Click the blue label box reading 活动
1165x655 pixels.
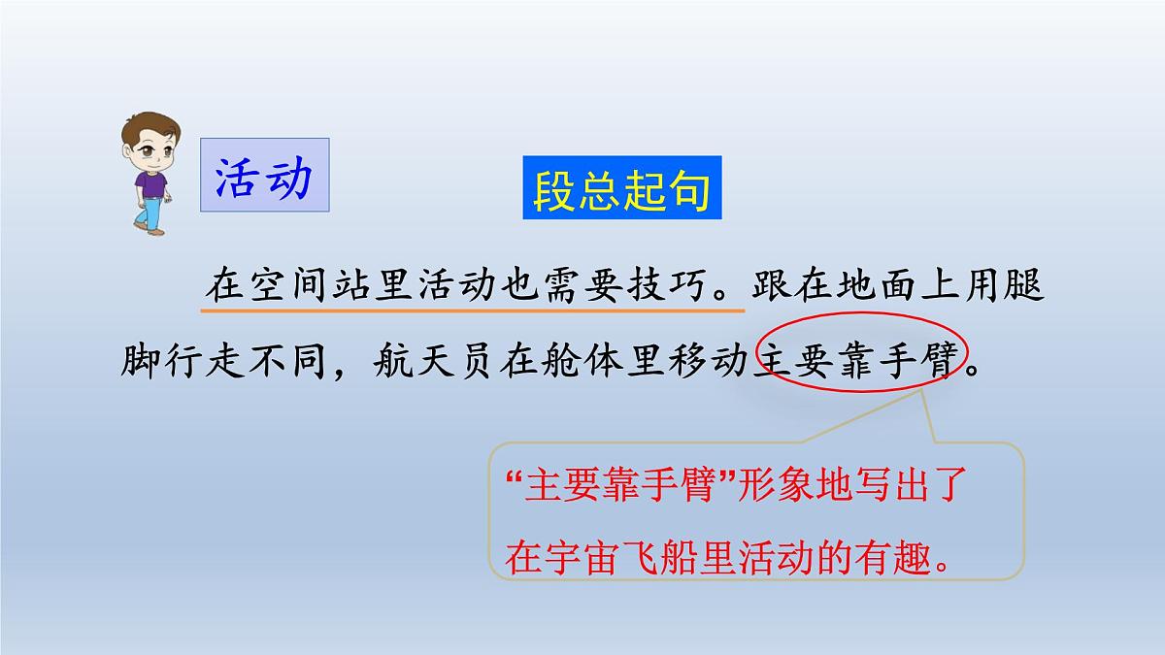pyautogui.click(x=264, y=176)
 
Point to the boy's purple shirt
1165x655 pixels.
pyautogui.click(x=150, y=183)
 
